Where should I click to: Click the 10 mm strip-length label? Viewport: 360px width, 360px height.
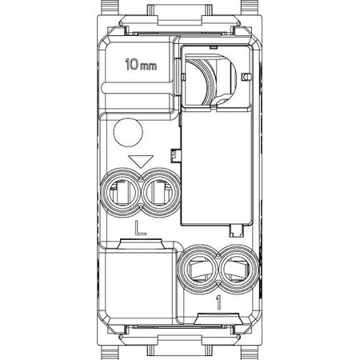[141, 65]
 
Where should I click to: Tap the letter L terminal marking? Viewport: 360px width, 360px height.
[140, 228]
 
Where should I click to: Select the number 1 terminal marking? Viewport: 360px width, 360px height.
[218, 302]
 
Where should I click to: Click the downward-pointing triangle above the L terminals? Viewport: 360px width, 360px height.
[141, 162]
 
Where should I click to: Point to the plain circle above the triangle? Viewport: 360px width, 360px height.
[128, 132]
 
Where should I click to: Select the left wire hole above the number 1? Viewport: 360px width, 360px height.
[198, 270]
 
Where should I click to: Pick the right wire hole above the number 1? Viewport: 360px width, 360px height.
[238, 270]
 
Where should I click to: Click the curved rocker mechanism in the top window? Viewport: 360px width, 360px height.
[210, 79]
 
